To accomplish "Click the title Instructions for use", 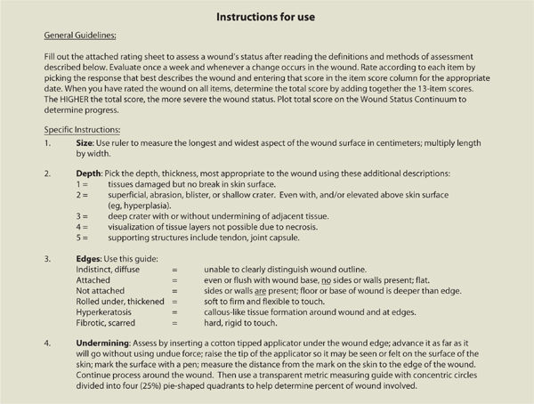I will coord(266,15).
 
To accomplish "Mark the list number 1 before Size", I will coord(45,166).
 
